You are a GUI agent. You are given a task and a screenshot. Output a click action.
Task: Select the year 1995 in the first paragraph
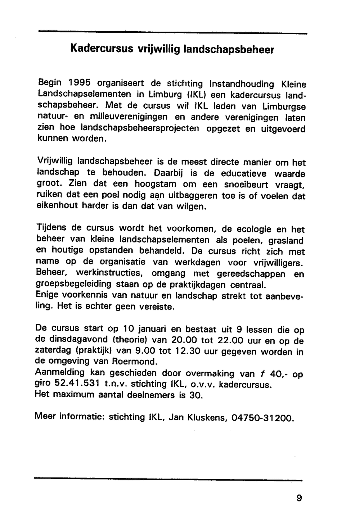click(80, 83)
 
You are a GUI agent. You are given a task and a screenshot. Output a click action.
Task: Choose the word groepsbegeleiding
click(74, 284)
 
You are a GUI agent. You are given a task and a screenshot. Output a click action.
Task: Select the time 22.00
click(221, 340)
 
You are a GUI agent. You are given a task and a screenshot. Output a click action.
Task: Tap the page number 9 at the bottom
click(299, 498)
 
